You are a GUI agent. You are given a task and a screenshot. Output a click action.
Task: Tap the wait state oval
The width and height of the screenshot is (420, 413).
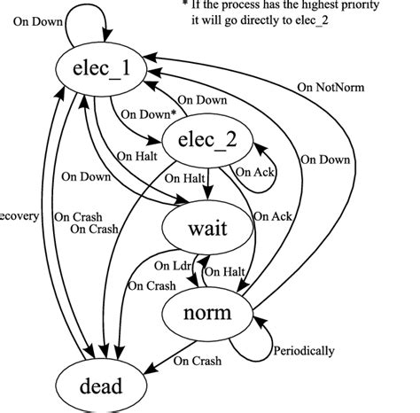point(208,229)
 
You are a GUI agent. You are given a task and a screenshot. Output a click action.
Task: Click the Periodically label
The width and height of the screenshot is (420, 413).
point(303,351)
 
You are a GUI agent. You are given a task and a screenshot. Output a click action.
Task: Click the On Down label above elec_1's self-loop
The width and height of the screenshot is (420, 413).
point(37,18)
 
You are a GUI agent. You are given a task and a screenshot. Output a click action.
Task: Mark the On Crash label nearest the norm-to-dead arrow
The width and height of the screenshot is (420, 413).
point(197,361)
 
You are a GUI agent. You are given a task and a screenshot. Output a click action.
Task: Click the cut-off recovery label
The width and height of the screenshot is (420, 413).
point(18,215)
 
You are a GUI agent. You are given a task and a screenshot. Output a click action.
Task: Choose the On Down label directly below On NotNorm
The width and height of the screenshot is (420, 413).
point(323,160)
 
